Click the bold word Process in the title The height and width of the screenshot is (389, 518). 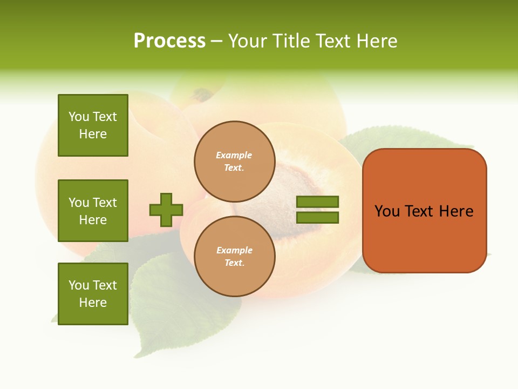(169, 41)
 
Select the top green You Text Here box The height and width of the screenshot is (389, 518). (93, 125)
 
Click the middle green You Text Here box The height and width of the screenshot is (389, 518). (93, 211)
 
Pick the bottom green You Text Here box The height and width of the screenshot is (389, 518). (93, 294)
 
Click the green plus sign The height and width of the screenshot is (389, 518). (166, 210)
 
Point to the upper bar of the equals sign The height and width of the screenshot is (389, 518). (318, 202)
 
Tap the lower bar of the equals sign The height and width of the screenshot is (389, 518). (318, 218)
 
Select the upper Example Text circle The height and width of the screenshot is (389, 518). (234, 161)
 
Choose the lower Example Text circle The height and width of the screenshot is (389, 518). (234, 256)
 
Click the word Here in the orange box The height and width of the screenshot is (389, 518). (456, 211)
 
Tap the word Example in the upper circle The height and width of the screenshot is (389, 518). (234, 155)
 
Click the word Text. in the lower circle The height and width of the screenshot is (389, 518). (234, 263)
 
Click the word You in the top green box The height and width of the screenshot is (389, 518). (79, 117)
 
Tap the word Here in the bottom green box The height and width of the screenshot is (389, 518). (93, 303)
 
